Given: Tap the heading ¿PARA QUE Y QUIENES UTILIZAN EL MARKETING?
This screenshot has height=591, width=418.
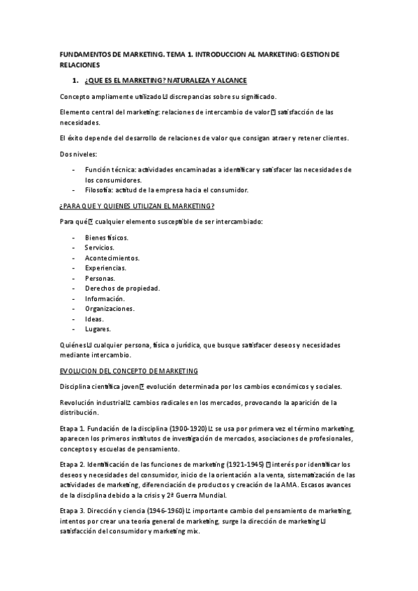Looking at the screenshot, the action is click(137, 206).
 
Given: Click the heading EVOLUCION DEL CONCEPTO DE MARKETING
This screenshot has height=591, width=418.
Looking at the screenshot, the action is click(129, 371).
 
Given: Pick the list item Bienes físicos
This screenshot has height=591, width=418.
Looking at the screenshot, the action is click(107, 237).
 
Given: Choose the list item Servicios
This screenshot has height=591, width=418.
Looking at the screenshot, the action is click(100, 247).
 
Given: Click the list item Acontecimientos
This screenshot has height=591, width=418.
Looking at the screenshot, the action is click(112, 257).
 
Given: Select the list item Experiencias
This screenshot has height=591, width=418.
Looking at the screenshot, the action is click(106, 268).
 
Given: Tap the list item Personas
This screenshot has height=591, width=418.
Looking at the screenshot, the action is click(100, 278).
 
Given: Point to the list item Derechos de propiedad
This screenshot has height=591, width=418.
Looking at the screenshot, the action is click(122, 288).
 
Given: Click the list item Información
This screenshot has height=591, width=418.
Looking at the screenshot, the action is click(105, 298).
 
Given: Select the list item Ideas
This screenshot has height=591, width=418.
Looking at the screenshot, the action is click(95, 318).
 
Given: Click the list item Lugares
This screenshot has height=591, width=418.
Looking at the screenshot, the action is click(98, 329).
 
